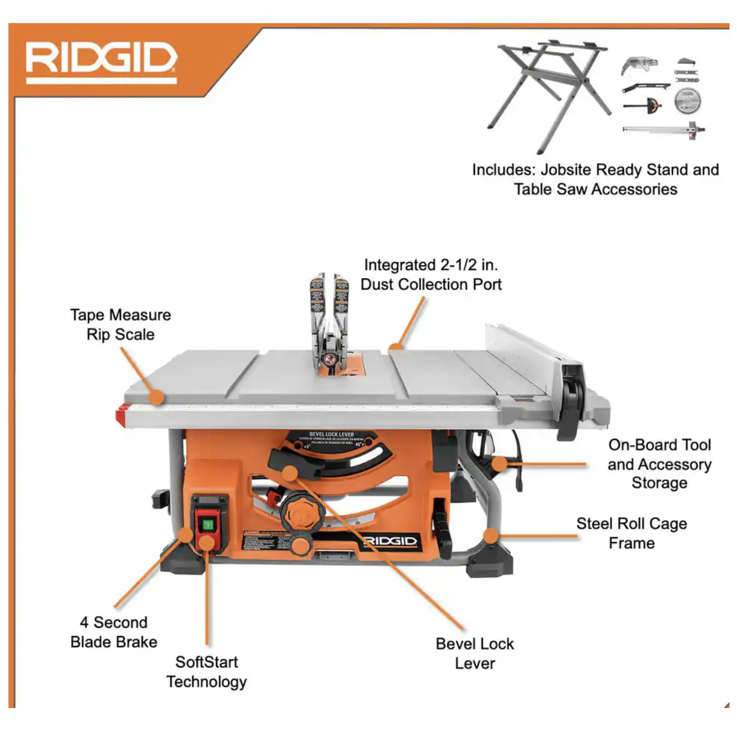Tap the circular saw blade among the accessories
pos(687,102)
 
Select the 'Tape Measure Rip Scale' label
pos(120,325)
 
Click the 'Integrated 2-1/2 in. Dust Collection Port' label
pos(431,275)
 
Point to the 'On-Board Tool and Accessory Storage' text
pos(659,464)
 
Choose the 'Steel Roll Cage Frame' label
pos(631,533)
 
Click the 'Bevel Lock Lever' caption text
pos(474,654)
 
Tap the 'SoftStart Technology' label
pos(207,672)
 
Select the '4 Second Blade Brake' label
pos(114,632)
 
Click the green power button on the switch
pos(208,524)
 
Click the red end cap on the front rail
pos(120,415)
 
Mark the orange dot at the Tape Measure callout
pos(156,397)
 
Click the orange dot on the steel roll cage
pos(490,536)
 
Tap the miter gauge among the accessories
pos(643,105)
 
